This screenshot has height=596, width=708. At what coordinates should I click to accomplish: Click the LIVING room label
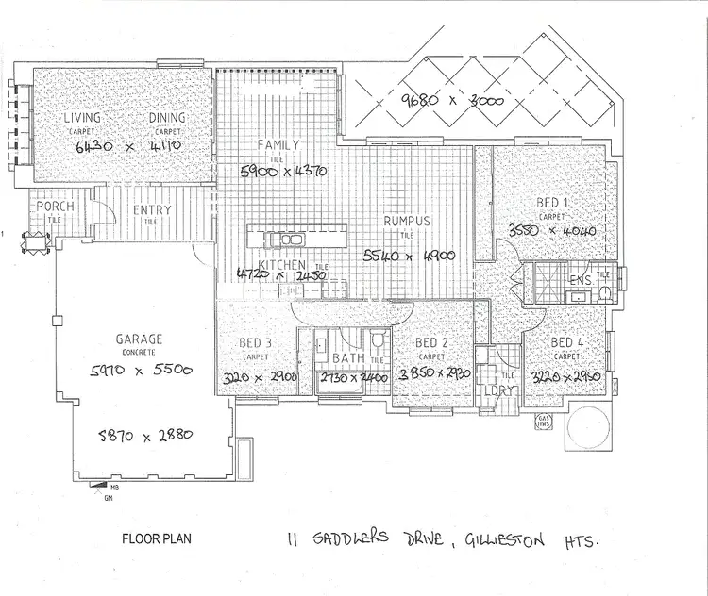click(x=82, y=118)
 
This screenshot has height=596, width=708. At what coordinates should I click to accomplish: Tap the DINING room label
click(x=168, y=118)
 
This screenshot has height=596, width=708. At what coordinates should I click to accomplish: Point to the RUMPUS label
click(x=407, y=222)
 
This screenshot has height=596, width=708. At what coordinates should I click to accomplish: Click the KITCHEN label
click(x=283, y=265)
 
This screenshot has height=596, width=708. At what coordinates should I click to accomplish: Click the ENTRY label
click(x=151, y=210)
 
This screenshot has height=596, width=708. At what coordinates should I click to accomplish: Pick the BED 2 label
click(x=430, y=343)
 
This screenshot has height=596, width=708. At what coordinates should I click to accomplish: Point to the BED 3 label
click(x=255, y=343)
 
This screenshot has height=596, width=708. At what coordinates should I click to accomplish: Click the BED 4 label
click(x=567, y=342)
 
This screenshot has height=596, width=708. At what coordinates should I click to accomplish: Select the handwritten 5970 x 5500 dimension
click(x=141, y=371)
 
